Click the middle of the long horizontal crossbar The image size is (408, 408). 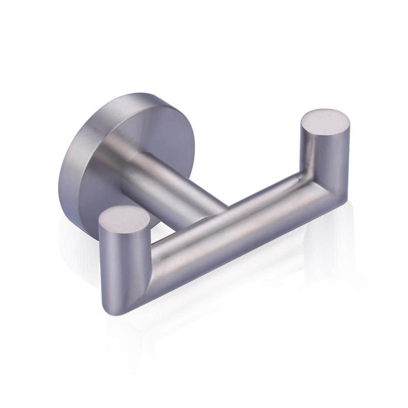(x=228, y=228)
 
